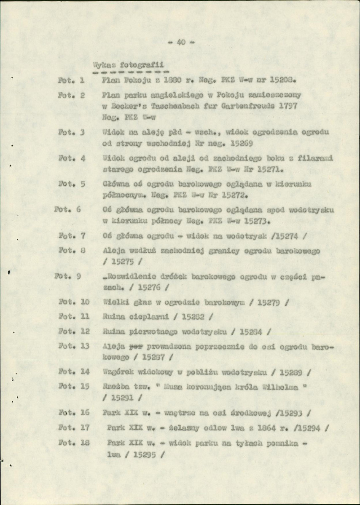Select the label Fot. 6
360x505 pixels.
pyautogui.click(x=67, y=210)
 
